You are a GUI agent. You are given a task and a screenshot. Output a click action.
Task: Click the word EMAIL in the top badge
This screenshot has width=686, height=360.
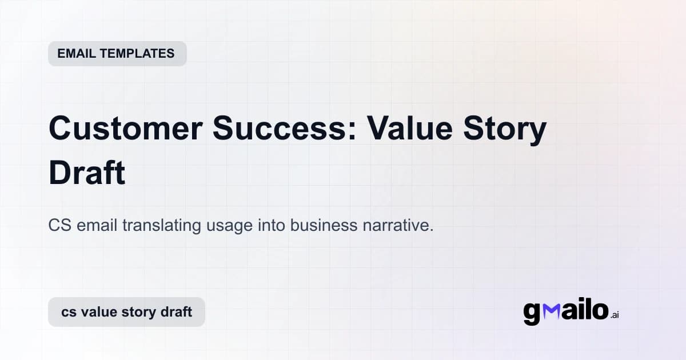pyautogui.click(x=77, y=54)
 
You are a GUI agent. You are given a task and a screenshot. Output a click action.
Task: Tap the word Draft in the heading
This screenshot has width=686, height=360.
pyautogui.click(x=87, y=173)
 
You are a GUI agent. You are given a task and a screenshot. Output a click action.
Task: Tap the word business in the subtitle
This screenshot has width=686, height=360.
pyautogui.click(x=324, y=225)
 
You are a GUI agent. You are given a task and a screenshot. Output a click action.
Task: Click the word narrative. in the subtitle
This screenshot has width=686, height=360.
pyautogui.click(x=398, y=225)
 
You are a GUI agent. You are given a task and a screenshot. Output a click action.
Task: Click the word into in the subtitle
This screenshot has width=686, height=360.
pyautogui.click(x=270, y=225)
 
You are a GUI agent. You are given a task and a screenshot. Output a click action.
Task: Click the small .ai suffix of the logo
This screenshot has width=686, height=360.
pyautogui.click(x=615, y=315)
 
